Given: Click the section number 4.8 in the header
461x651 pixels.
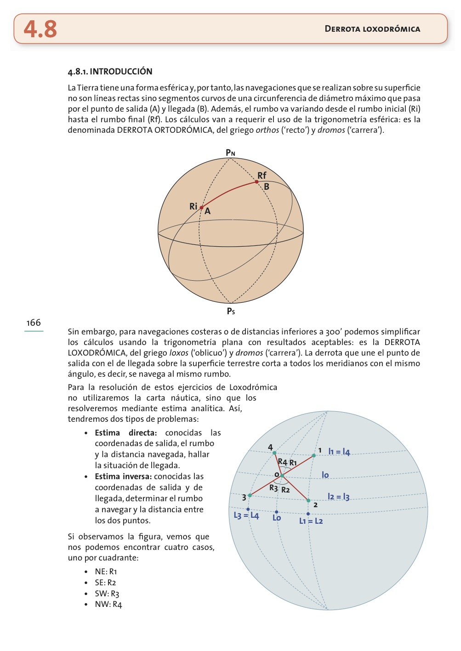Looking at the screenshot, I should (40, 29).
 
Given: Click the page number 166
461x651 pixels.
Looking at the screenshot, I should (34, 323).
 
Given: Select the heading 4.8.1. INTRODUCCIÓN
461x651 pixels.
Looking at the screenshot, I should (110, 71).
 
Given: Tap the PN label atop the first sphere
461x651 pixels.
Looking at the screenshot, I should (230, 153).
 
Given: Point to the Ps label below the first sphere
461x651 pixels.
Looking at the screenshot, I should (231, 311).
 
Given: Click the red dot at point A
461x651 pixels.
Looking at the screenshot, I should (201, 208).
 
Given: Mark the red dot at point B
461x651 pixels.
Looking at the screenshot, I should (256, 182).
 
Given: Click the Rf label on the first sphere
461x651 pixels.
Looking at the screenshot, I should (262, 175).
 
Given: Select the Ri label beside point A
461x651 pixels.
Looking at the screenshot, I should (194, 206).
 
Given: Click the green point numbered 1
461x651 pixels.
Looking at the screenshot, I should (314, 455).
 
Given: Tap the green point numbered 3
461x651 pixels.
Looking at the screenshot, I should (250, 495).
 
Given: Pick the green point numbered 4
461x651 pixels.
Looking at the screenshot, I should (274, 453).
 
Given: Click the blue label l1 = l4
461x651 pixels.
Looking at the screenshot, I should (339, 452).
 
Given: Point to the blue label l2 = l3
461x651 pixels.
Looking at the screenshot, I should (339, 497).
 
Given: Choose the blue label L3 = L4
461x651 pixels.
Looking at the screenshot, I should (246, 515).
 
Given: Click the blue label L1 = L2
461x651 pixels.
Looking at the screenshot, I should (311, 521).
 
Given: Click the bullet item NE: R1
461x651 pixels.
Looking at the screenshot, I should (106, 572).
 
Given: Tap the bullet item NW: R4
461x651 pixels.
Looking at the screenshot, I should (108, 605).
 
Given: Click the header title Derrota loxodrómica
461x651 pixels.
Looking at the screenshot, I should (372, 29).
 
